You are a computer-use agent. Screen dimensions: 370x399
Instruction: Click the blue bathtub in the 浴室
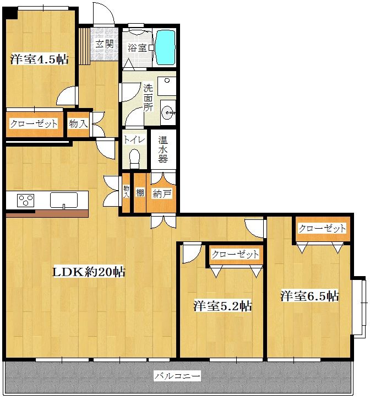click(165, 47)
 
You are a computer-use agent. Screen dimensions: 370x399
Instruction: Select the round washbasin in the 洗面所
click(167, 112)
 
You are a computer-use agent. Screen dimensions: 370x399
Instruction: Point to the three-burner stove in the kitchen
click(25, 200)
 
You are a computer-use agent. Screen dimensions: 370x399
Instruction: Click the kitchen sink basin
click(64, 200)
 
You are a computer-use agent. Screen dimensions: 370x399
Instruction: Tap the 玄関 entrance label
click(105, 44)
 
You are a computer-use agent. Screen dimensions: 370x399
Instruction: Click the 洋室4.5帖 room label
click(39, 60)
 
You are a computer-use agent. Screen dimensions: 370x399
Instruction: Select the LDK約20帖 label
click(89, 272)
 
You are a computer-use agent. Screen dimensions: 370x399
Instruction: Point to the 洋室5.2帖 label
click(222, 305)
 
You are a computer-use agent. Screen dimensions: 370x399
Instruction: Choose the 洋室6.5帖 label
click(309, 296)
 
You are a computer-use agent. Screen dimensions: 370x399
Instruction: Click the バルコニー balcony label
click(178, 376)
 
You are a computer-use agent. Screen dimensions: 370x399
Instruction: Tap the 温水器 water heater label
click(163, 149)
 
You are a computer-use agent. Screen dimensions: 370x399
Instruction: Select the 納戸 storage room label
click(162, 194)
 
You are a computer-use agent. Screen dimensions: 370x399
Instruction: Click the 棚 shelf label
click(140, 193)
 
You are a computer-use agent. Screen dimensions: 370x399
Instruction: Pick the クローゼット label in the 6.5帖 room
click(322, 228)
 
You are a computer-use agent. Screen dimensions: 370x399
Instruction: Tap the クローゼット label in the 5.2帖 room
click(235, 254)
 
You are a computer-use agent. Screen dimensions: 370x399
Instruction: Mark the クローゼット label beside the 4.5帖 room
click(34, 124)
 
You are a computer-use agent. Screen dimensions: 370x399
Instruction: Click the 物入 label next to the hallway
click(78, 124)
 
